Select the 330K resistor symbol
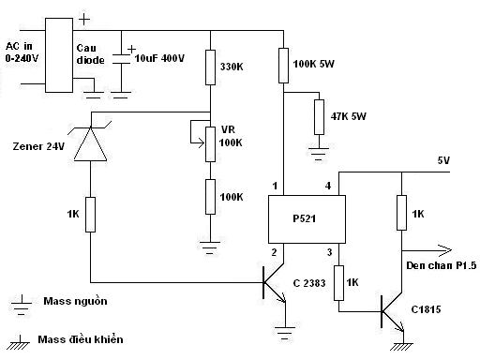210,67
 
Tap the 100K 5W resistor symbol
283,66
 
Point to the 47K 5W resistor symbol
319,117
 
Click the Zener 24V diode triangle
90,143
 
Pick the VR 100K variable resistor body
210,144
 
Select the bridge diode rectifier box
59,55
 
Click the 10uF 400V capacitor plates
121,59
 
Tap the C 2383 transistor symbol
275,283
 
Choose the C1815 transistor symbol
392,311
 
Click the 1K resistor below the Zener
90,215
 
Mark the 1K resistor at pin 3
339,283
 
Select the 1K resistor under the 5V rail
401,213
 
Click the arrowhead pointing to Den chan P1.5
445,250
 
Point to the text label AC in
19,46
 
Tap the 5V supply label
443,160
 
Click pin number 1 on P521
275,186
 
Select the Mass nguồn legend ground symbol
22,304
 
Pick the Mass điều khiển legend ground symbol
18,342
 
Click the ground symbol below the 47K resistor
319,154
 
